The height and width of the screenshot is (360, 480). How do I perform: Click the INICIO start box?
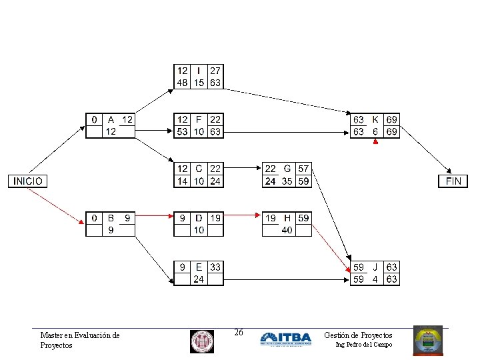[x=27, y=181]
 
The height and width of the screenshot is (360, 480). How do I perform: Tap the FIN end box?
[x=453, y=181]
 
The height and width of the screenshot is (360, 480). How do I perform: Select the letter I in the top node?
[x=199, y=71]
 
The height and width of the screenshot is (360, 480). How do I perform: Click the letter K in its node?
[x=375, y=120]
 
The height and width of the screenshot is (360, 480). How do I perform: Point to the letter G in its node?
[x=287, y=169]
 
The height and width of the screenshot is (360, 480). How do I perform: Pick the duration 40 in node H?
[x=287, y=230]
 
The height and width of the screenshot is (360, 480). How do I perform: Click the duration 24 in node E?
[x=199, y=279]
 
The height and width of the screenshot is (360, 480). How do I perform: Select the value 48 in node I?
[x=181, y=83]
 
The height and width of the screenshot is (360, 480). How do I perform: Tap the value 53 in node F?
[x=181, y=132]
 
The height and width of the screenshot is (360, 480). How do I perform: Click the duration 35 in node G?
[x=287, y=181]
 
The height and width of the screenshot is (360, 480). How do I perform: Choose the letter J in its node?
[x=375, y=267]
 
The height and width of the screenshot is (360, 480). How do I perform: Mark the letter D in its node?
[x=199, y=218]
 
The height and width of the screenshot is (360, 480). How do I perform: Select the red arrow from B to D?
[x=154, y=215]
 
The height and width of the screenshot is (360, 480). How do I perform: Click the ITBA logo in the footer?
[x=285, y=339]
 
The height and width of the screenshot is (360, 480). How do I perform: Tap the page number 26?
[x=239, y=333]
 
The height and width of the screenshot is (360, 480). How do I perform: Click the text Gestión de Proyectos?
[x=358, y=335]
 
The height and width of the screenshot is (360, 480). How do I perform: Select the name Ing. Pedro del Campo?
[x=363, y=345]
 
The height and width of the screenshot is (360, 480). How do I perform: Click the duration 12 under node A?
[x=111, y=132]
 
